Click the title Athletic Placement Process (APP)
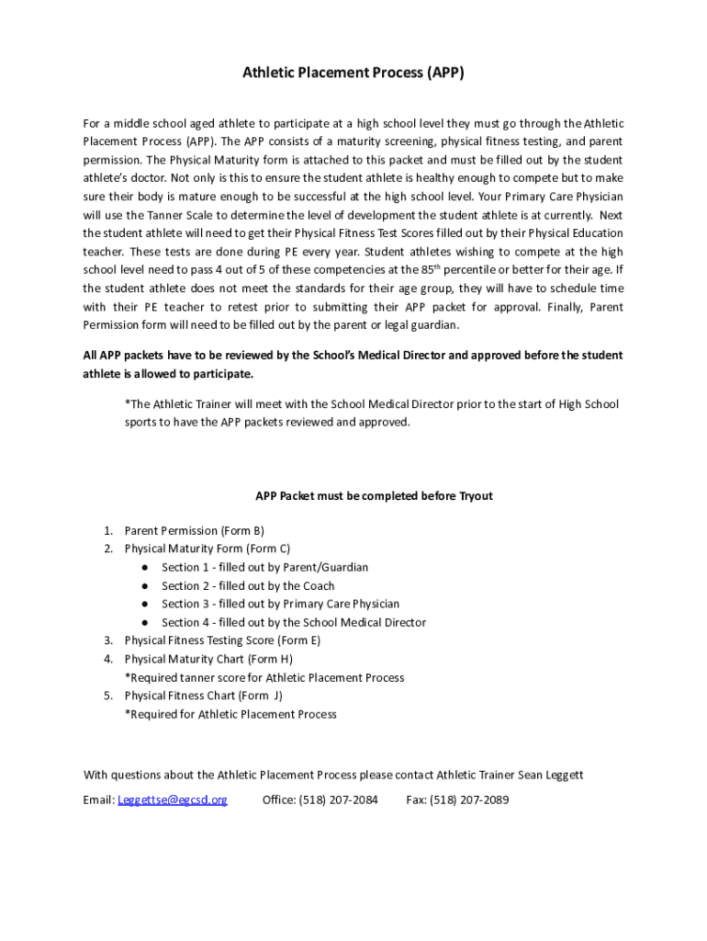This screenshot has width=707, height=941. tap(353, 72)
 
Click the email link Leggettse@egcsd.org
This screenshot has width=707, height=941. tap(173, 799)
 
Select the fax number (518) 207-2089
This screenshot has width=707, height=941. tap(469, 799)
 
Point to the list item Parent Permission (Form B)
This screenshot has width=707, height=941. tap(195, 530)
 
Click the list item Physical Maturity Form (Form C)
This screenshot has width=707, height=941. tap(208, 549)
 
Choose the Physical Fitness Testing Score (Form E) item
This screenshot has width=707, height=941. tap(223, 641)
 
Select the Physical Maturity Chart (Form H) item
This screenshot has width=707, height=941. tap(208, 659)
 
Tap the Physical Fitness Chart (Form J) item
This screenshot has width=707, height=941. tap(204, 696)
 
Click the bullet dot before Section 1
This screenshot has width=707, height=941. tap(145, 568)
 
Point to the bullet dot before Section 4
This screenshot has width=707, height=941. tap(145, 623)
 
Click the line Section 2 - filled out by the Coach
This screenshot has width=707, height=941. tap(248, 585)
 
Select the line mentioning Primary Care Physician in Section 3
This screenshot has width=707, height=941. tap(280, 604)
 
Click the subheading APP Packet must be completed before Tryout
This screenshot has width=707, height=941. tap(374, 495)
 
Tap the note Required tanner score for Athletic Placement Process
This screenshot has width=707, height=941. tap(264, 677)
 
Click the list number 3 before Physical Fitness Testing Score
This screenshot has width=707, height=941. tap(107, 641)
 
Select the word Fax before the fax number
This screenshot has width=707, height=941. tap(416, 799)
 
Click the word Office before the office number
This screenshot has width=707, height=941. tap(278, 799)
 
